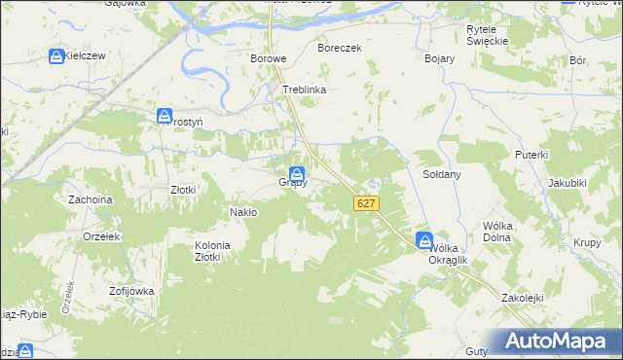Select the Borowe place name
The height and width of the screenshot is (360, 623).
268,58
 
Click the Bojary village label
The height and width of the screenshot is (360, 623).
440,58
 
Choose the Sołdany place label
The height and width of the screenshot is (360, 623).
441,174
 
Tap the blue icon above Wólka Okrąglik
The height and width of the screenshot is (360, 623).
425,239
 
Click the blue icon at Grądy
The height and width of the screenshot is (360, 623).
295,173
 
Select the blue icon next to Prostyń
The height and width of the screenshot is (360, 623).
165,117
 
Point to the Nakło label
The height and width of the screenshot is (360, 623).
242,211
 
